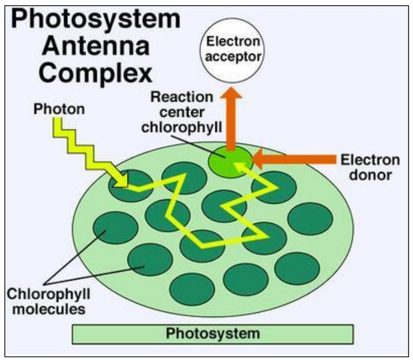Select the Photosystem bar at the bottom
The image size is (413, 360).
tap(212, 333)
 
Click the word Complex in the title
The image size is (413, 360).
tap(83, 74)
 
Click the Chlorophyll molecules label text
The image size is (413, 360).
tap(46, 301)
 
